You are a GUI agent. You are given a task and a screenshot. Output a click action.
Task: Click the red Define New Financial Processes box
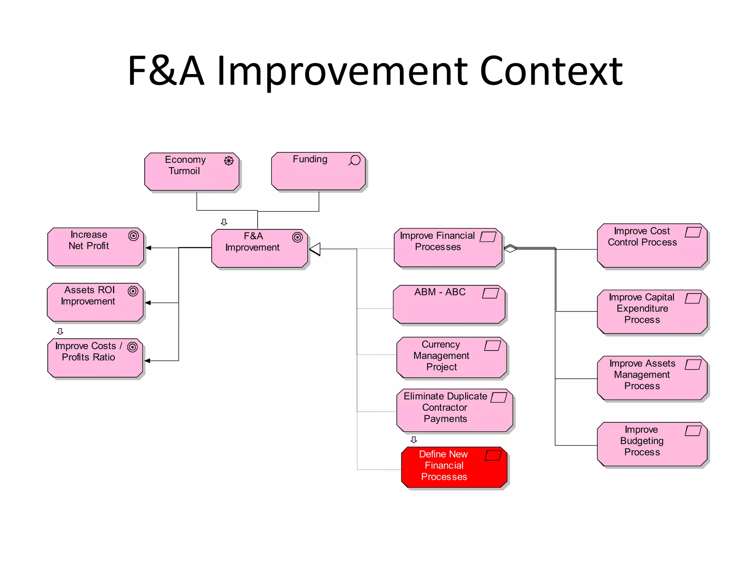pyautogui.click(x=454, y=467)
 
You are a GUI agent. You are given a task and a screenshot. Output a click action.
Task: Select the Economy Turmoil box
pyautogui.click(x=192, y=172)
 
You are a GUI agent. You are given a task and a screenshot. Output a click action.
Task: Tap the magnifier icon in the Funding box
pyautogui.click(x=354, y=160)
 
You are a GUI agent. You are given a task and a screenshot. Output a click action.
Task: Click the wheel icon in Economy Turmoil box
pyautogui.click(x=229, y=161)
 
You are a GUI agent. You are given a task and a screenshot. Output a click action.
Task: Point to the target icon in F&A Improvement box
pyautogui.click(x=297, y=237)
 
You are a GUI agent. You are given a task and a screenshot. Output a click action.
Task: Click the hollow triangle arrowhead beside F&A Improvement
pyautogui.click(x=315, y=249)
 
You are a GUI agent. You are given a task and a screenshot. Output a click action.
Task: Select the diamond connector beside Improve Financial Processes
pyautogui.click(x=510, y=248)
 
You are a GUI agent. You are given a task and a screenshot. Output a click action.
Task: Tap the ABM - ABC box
pyautogui.click(x=449, y=304)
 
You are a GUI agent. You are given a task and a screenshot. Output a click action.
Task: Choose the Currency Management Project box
pyautogui.click(x=451, y=357)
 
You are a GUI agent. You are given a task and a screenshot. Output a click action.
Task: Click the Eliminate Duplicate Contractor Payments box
pyautogui.click(x=454, y=410)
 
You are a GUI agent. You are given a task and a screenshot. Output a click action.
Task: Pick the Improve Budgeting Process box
pyautogui.click(x=652, y=444)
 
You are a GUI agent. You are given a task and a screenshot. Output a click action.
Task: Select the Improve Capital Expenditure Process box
pyautogui.click(x=652, y=311)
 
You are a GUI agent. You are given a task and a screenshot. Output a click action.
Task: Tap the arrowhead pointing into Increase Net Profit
pyautogui.click(x=148, y=248)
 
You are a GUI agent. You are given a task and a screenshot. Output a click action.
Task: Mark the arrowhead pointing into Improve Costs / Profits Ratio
pyautogui.click(x=147, y=361)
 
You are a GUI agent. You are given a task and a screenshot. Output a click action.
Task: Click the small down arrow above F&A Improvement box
pyautogui.click(x=224, y=222)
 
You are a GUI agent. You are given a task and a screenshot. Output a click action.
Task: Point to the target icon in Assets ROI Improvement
pyautogui.click(x=133, y=291)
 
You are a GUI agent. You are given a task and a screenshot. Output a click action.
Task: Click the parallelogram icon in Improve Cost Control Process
pyautogui.click(x=693, y=232)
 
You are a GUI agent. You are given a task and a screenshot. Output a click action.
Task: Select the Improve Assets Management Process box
pyautogui.click(x=652, y=378)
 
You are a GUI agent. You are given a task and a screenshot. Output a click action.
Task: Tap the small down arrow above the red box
pyautogui.click(x=414, y=439)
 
